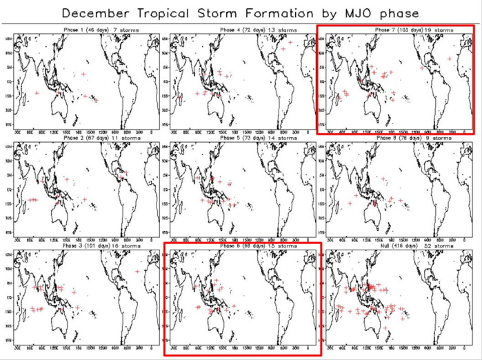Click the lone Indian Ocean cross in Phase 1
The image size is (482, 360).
37,92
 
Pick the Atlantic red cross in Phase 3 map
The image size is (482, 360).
137,272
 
